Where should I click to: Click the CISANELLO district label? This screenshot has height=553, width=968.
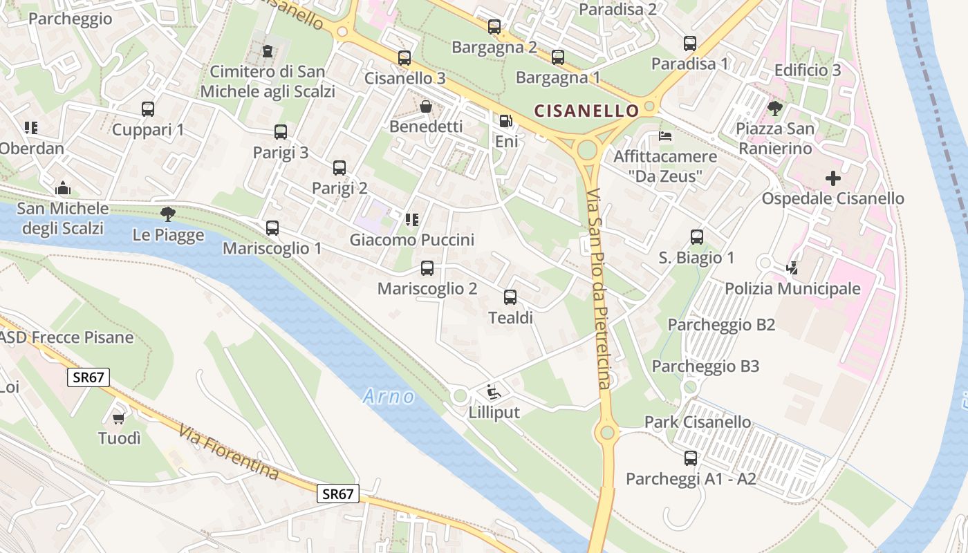point(587,111)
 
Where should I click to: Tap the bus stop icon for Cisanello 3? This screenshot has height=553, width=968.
point(404,58)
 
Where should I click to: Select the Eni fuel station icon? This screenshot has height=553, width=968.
point(506,121)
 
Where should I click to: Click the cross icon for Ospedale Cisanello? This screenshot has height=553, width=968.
point(833,178)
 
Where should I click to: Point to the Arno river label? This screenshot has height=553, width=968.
point(389,397)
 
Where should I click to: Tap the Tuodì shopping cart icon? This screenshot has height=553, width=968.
point(119,418)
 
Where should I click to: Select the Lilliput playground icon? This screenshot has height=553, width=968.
point(494,393)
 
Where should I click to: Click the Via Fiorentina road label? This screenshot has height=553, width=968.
point(229,453)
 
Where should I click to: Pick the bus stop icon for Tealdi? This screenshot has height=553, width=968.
point(510,297)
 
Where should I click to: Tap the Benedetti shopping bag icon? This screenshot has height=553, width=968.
point(426,106)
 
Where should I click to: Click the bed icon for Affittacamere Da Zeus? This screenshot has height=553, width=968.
point(665,135)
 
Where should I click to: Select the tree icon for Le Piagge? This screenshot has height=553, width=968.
point(168,214)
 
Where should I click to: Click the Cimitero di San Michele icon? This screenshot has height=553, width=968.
point(268,50)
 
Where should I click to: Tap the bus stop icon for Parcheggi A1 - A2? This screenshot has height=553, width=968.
point(690,458)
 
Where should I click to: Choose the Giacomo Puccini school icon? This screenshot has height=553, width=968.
point(412,220)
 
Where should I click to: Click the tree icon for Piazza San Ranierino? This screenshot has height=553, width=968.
point(774,108)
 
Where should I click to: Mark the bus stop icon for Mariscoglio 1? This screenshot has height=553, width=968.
point(272,227)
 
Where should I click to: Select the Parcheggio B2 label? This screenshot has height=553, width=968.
point(721,325)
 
